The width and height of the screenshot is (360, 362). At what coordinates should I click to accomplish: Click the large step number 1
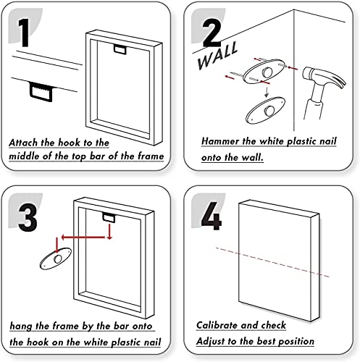(25, 33)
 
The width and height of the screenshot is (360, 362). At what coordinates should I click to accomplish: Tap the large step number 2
(212, 33)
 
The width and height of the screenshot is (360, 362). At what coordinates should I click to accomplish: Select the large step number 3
(28, 218)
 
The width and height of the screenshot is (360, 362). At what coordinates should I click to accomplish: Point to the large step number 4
(211, 216)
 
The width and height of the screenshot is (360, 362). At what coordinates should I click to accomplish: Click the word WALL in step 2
(217, 56)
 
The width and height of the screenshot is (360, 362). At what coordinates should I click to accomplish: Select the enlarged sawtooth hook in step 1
(41, 92)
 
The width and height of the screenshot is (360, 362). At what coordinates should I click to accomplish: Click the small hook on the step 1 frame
(120, 49)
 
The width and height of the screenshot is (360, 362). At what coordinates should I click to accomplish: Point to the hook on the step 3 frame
(109, 218)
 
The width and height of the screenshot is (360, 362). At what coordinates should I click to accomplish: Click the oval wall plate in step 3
(56, 258)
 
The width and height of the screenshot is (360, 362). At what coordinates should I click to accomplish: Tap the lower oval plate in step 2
(265, 110)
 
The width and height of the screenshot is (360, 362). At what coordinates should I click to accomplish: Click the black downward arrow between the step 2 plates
(267, 92)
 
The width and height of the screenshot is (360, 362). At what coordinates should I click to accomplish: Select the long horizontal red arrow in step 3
(83, 237)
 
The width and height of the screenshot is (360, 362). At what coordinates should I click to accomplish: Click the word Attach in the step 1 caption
(23, 143)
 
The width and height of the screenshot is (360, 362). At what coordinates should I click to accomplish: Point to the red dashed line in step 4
(272, 262)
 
